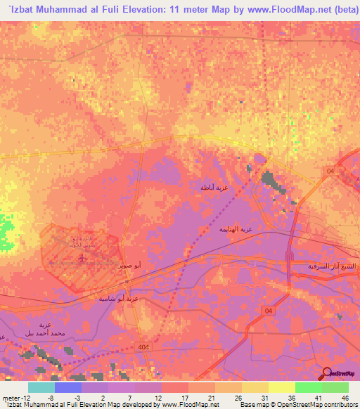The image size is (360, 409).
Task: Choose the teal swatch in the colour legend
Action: [x=41, y=387]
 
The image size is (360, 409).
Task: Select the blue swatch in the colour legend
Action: [x=68, y=387]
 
